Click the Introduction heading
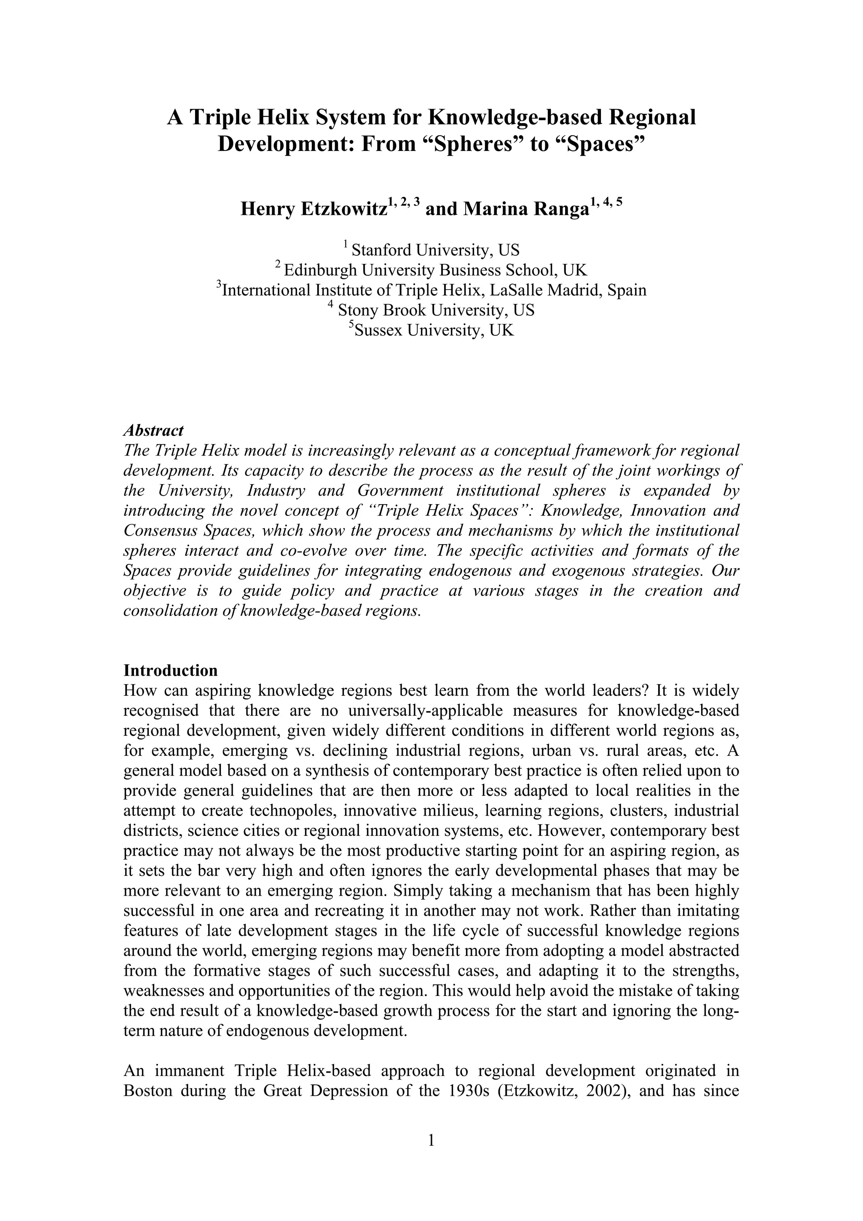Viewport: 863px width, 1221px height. click(170, 670)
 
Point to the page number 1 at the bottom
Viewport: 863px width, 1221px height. click(431, 1138)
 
